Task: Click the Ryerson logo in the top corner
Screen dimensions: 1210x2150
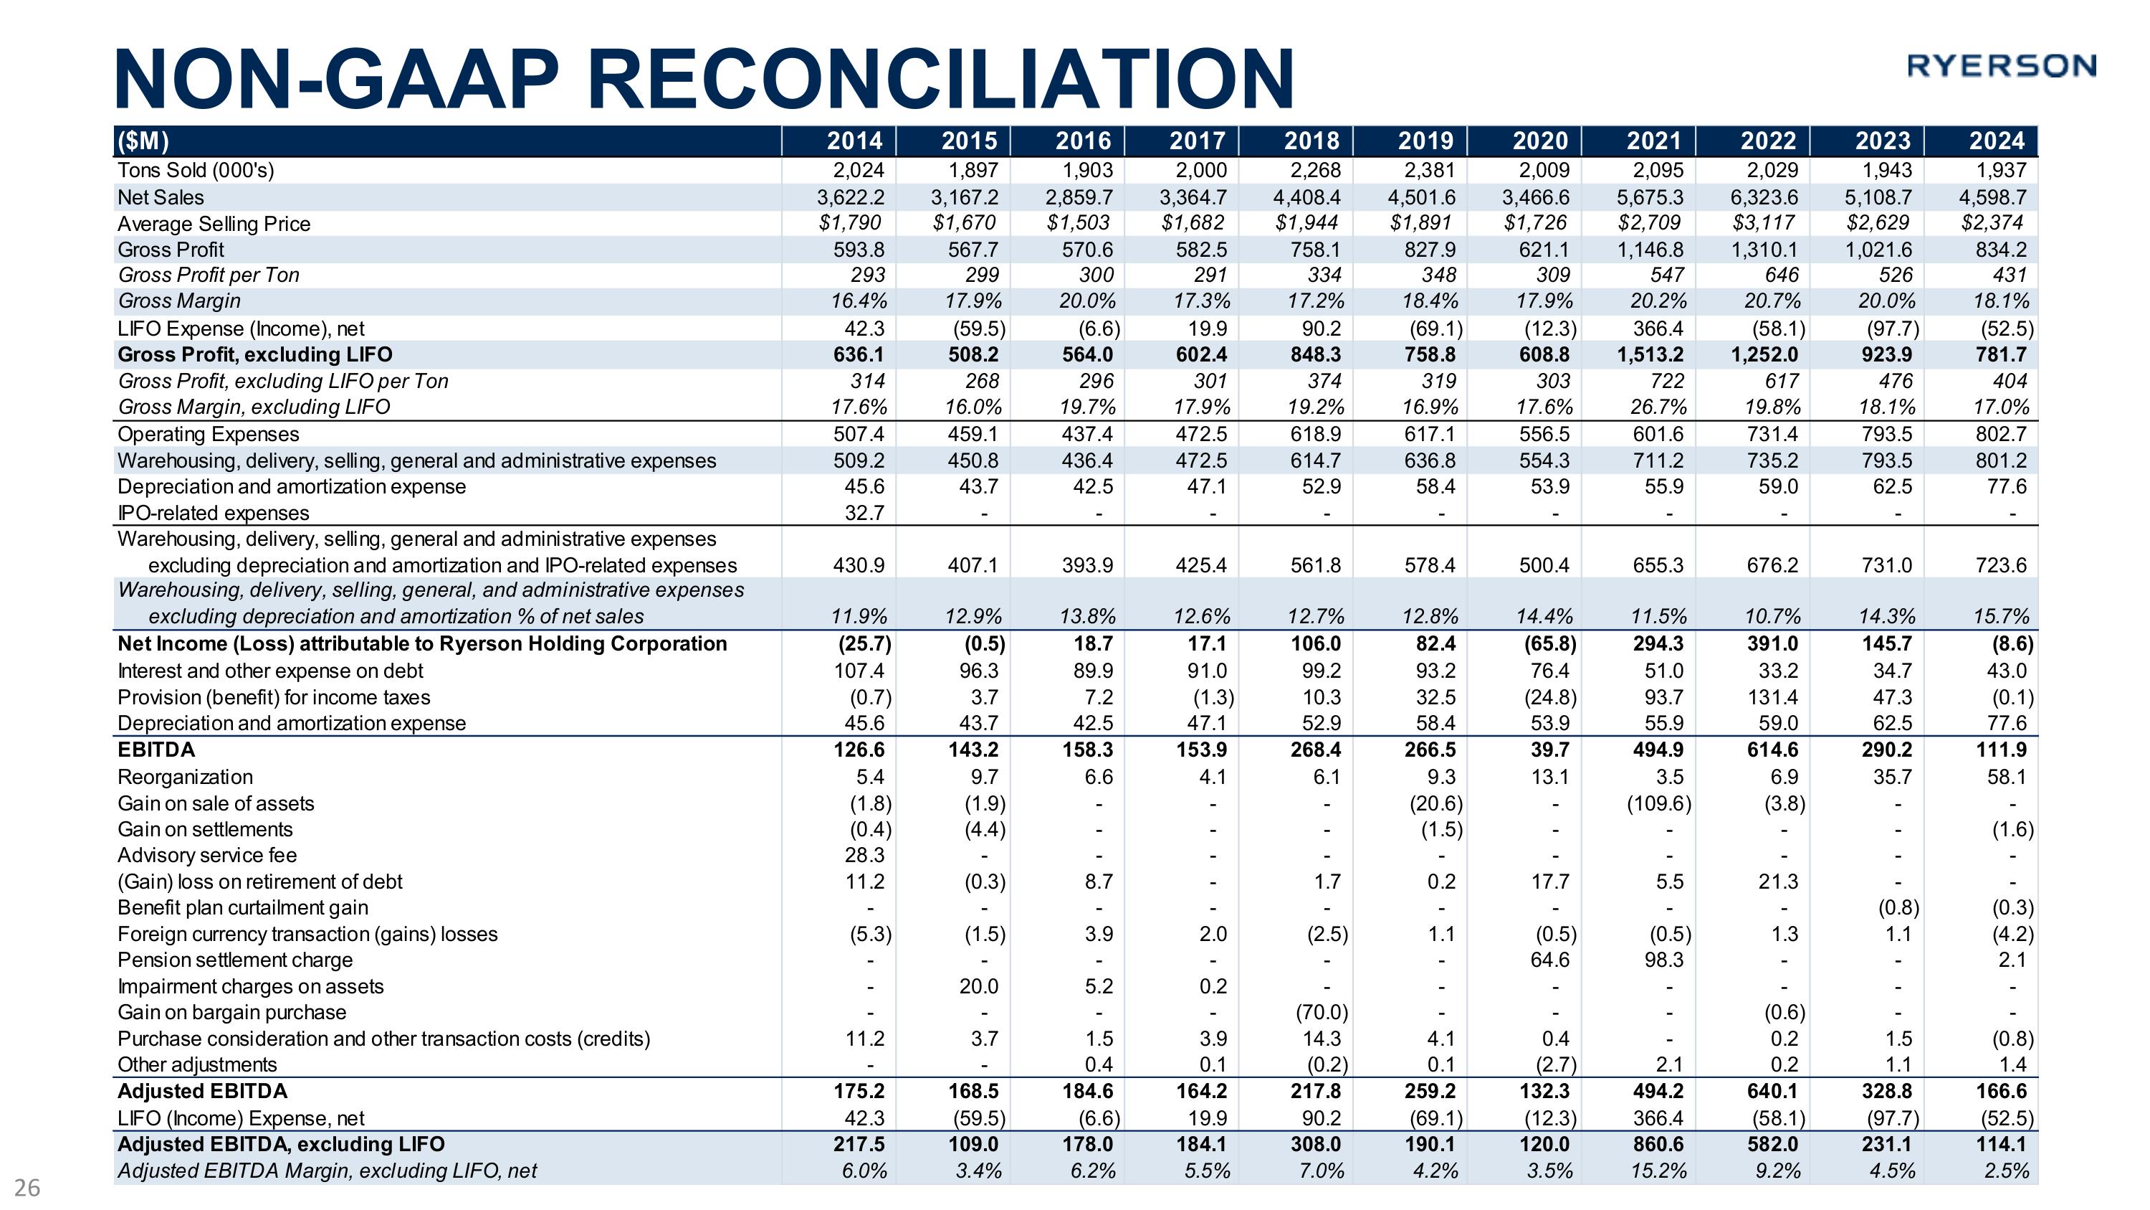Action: pos(2001,65)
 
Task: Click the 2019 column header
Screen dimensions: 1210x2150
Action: pos(1425,141)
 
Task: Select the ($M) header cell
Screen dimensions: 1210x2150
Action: pos(143,141)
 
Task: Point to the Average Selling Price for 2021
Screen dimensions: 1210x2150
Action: pos(1650,223)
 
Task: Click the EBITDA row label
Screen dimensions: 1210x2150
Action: pos(156,750)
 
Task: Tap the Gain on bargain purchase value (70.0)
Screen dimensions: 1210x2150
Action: pos(1322,1012)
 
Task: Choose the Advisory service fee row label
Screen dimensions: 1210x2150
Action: pos(207,855)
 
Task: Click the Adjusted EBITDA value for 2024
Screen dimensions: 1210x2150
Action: pos(2001,1092)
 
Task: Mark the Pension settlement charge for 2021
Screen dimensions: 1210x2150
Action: pos(1663,960)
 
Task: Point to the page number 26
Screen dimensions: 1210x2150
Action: pos(27,1188)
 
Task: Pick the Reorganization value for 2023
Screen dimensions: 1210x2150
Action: pos(1891,777)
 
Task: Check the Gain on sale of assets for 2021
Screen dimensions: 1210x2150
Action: pos(1658,803)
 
